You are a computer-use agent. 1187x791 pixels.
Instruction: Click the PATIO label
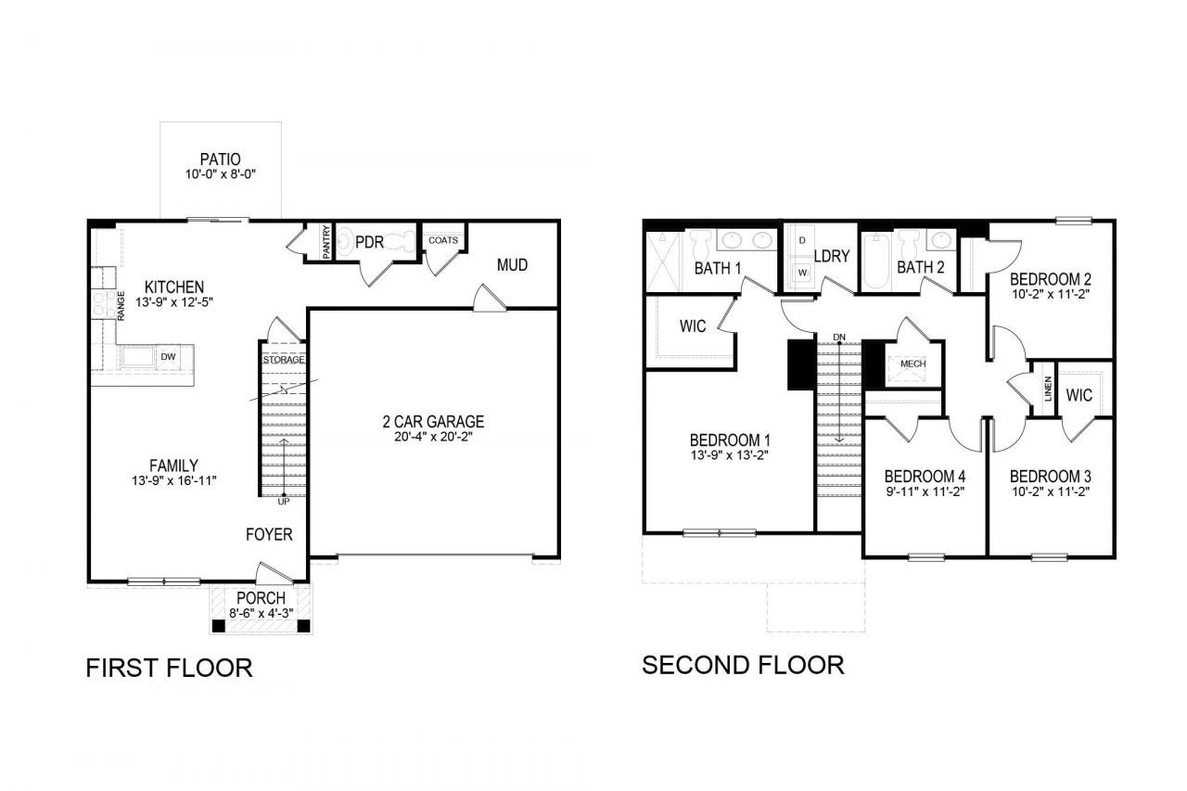[221, 159]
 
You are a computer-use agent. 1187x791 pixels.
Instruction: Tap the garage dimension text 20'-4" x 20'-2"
[433, 437]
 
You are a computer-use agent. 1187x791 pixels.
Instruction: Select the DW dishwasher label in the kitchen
[168, 357]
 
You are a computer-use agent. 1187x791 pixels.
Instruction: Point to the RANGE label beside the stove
[121, 306]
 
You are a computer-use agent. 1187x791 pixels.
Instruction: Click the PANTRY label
[325, 242]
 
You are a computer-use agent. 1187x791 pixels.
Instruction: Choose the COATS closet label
[443, 240]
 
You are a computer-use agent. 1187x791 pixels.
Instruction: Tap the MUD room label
[512, 265]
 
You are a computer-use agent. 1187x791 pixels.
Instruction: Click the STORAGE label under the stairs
[284, 360]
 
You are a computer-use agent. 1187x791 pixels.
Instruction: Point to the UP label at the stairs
[284, 501]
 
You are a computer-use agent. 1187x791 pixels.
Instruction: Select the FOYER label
[269, 534]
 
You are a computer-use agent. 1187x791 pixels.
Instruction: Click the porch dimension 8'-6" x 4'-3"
[262, 613]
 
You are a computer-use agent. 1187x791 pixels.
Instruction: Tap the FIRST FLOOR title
[169, 668]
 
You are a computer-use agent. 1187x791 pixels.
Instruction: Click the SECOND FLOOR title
[743, 666]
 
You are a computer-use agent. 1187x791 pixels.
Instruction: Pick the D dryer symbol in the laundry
[802, 240]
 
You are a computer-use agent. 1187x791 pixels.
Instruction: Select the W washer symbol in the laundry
[802, 273]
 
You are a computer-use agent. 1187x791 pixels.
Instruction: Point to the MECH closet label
[913, 364]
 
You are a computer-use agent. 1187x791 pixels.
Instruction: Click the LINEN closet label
[1048, 389]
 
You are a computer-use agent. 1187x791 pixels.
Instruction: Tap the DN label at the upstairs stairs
[839, 337]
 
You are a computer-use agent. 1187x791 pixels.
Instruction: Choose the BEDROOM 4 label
[925, 477]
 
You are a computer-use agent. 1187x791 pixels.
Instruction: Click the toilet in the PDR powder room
[346, 242]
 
